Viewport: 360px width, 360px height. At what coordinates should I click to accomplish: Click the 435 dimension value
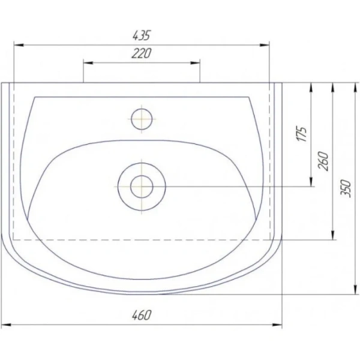point(142,35)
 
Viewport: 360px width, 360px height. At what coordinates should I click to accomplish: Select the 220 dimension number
point(142,53)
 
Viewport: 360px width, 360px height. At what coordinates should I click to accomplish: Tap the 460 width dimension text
point(142,315)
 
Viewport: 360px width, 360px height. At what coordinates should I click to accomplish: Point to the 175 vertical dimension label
point(302,134)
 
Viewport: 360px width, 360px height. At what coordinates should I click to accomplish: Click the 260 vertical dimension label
point(323,161)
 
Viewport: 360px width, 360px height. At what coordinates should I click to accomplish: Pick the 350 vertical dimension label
point(346,189)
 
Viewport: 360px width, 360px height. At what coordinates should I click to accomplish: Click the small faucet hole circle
point(142,119)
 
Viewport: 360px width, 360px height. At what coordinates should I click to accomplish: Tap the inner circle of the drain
point(142,187)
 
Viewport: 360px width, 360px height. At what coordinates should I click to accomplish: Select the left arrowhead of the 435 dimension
point(19,45)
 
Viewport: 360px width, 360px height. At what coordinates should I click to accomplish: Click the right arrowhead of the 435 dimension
point(264,45)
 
